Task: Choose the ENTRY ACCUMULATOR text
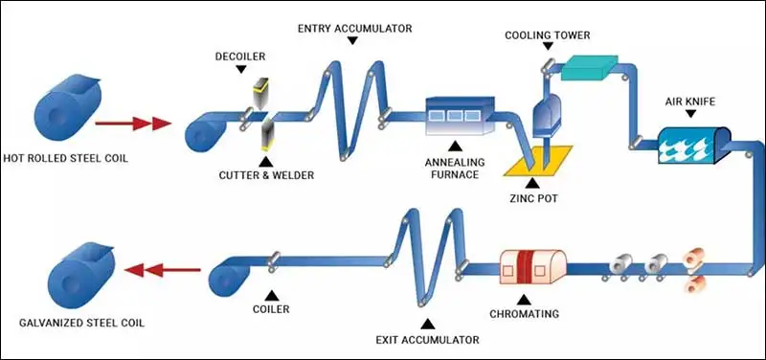(354, 28)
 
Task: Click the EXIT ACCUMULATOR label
(422, 339)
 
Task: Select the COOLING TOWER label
(548, 35)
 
